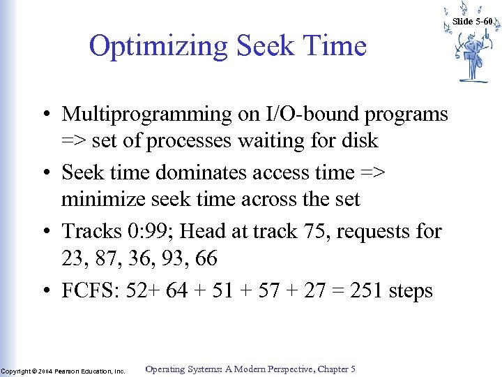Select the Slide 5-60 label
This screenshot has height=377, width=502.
pos(472,22)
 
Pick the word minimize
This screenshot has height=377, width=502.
pos(100,200)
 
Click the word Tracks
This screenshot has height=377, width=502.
pos(89,230)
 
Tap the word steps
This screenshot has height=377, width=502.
pos(410,290)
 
